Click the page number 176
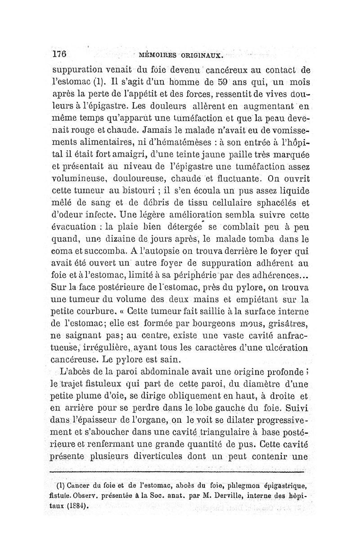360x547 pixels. (59, 54)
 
